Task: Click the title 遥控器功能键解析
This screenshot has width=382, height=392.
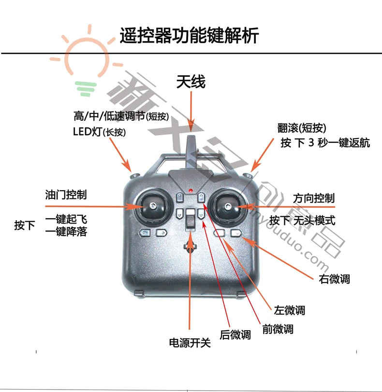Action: tap(189, 36)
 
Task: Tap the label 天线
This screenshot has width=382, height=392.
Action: tap(191, 82)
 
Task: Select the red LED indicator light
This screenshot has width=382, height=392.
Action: tap(191, 191)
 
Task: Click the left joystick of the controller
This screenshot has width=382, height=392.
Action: tap(152, 207)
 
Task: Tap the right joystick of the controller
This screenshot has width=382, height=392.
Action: tap(227, 207)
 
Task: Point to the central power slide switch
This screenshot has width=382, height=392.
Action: tap(191, 219)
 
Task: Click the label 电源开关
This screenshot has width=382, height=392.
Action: tap(190, 343)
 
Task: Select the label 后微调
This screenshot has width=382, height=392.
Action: tap(235, 335)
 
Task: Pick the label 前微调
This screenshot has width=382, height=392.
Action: tap(278, 329)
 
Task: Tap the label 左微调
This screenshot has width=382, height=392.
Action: tap(289, 310)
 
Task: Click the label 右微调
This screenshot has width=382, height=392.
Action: tap(335, 279)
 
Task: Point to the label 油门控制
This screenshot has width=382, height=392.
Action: tap(66, 195)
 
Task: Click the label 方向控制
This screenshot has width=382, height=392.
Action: tap(314, 198)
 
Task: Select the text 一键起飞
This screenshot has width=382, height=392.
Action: tap(66, 219)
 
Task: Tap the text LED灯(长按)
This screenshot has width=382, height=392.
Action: tap(100, 131)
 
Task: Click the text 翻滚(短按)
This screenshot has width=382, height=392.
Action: tap(302, 128)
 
